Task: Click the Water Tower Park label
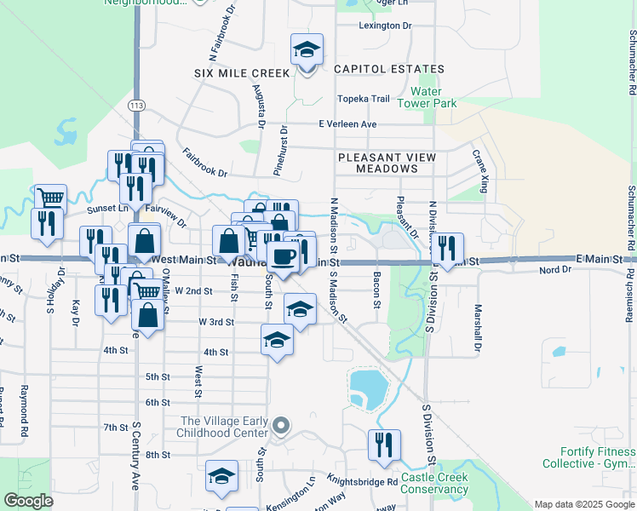point(433,97)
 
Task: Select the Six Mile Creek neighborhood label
point(242,73)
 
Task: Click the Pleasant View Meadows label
point(387,163)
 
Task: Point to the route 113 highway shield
point(136,105)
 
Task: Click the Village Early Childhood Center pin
point(284,424)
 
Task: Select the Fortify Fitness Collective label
point(588,457)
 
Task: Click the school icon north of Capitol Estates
point(307,49)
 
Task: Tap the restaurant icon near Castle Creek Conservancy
point(384,445)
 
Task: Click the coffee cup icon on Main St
point(283,255)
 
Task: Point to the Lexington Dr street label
point(385,26)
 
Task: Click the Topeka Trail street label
point(364,99)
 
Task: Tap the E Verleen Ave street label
point(347,124)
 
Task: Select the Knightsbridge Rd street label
point(363,482)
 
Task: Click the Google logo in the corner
point(28,501)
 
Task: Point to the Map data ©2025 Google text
point(583,504)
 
